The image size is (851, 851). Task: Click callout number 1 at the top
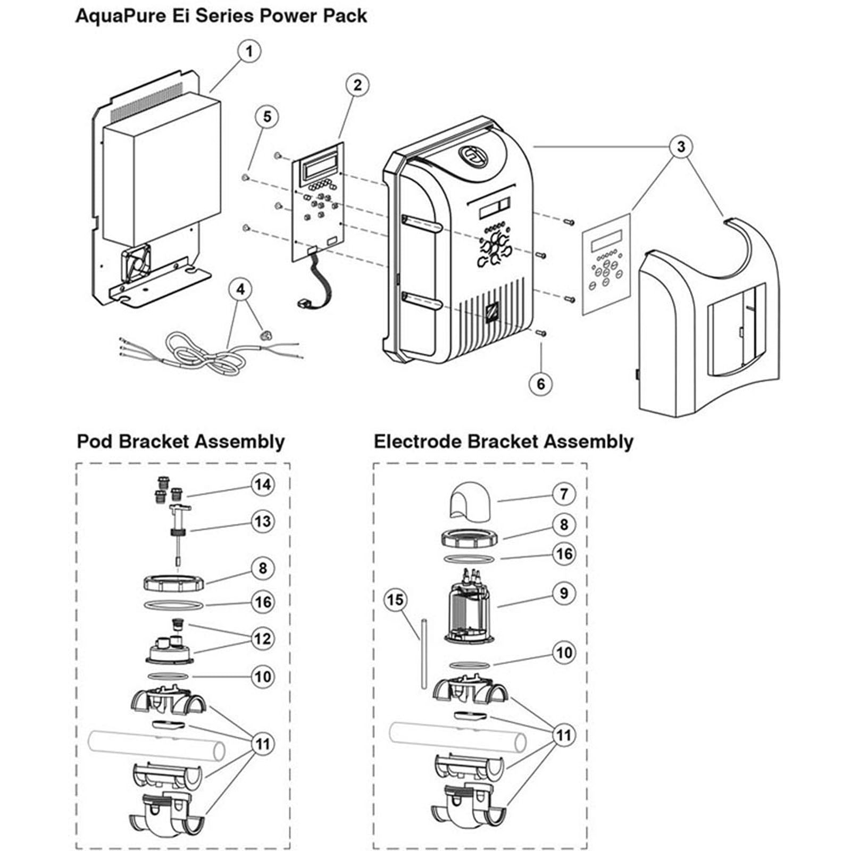pos(248,52)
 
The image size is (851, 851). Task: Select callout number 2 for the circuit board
pos(357,85)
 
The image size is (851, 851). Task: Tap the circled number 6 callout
pos(541,383)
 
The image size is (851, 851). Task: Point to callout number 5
pos(267,116)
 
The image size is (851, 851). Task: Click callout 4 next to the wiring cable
pos(241,290)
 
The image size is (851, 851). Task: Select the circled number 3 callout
pos(681,146)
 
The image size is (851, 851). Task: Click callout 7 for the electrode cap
pos(564,494)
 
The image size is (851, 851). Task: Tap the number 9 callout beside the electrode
pos(564,593)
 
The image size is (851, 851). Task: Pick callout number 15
pos(395,600)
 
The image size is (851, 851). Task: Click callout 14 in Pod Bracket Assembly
pos(263,485)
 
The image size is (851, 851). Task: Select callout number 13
pos(263,521)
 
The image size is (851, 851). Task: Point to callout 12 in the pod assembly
pos(263,638)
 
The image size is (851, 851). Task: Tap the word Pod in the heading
pos(96,442)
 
